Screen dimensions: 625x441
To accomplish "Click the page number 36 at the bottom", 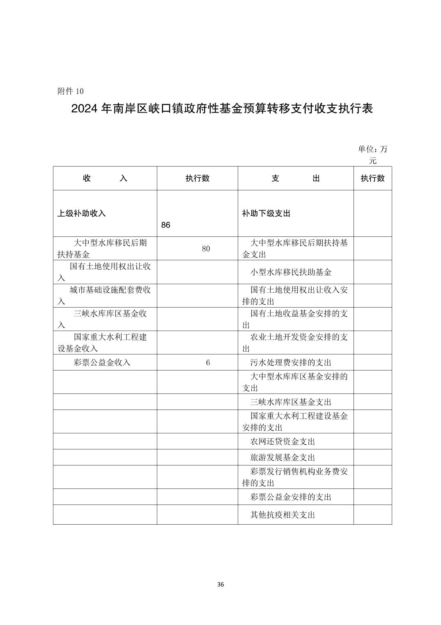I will pyautogui.click(x=220, y=585).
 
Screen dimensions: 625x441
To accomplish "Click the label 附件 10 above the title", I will pyautogui.click(x=71, y=91).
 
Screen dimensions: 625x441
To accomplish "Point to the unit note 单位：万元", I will pyautogui.click(x=372, y=155).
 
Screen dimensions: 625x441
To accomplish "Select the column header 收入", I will pyautogui.click(x=105, y=178).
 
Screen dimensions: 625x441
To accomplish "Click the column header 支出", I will pyautogui.click(x=295, y=178).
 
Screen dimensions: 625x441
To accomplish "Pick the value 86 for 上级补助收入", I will pyautogui.click(x=166, y=225).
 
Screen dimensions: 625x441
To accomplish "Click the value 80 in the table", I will pyautogui.click(x=206, y=249).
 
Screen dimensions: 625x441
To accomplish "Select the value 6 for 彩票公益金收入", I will pyautogui.click(x=208, y=363).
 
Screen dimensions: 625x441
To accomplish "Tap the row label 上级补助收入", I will pyautogui.click(x=81, y=213).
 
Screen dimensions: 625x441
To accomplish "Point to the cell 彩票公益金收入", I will pyautogui.click(x=102, y=363).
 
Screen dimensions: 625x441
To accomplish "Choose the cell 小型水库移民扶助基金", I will pyautogui.click(x=291, y=272).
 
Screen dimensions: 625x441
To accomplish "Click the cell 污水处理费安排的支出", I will pyautogui.click(x=291, y=363).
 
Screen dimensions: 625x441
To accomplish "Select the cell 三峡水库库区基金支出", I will pyautogui.click(x=291, y=402).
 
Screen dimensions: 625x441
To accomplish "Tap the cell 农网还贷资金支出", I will pyautogui.click(x=283, y=442).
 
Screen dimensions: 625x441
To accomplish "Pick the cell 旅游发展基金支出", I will pyautogui.click(x=283, y=457).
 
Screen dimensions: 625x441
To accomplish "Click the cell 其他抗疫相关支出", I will pyautogui.click(x=283, y=515).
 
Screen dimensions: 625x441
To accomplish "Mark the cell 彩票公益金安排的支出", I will pyautogui.click(x=291, y=497).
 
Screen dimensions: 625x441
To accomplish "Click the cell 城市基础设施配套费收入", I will pyautogui.click(x=105, y=296).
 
